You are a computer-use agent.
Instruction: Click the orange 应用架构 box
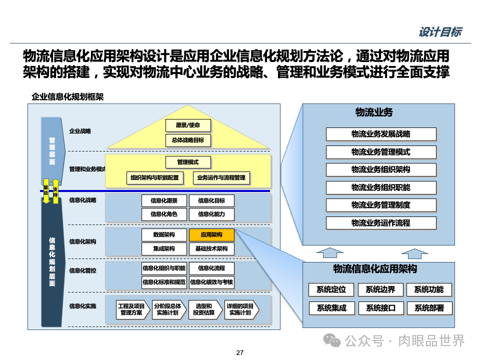point(211,235)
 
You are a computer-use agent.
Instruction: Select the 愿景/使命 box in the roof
point(187,125)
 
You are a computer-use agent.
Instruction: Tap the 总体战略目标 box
point(187,140)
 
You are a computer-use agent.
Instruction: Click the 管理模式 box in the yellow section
point(187,162)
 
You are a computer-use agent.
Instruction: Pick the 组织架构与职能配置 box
point(154,177)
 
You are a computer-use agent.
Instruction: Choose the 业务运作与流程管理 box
point(221,177)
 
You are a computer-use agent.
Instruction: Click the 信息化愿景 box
point(164,201)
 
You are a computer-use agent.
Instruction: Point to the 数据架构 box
point(164,235)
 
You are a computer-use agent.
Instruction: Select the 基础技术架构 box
point(211,248)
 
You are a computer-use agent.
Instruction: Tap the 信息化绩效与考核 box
point(211,282)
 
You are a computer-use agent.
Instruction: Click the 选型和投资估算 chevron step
point(203,309)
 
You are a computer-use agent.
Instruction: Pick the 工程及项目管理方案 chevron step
point(131,309)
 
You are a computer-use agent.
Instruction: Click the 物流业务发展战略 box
point(381,134)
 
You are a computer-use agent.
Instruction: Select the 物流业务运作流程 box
point(381,223)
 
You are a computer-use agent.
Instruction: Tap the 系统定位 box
point(331,290)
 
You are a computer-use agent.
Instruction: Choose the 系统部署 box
point(429,308)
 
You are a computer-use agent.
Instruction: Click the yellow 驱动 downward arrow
point(46,191)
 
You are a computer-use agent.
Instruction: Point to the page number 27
point(239,353)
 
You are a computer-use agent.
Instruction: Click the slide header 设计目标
point(439,32)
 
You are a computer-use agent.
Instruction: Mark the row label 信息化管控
point(83,270)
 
